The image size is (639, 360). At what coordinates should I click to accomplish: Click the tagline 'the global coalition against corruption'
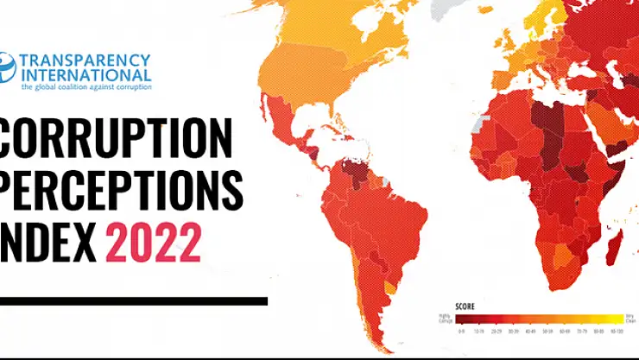[x=86, y=86]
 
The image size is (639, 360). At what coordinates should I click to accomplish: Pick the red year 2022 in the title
[x=154, y=243]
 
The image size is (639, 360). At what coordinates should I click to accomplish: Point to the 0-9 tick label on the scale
[x=461, y=331]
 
